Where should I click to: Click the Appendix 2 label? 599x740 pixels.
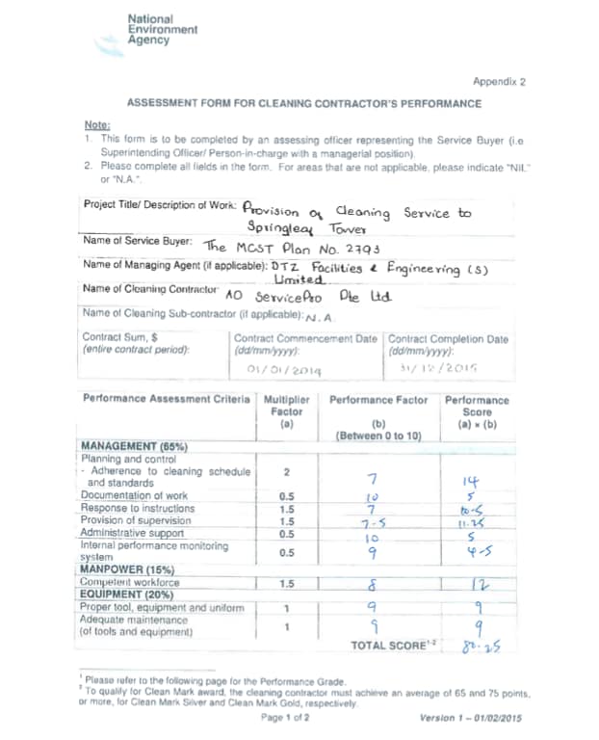click(x=499, y=82)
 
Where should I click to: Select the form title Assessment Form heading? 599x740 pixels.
click(x=303, y=104)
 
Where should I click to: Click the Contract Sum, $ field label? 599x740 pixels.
click(x=120, y=338)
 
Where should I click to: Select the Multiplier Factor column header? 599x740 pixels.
click(x=287, y=405)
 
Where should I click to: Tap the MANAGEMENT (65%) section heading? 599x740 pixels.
click(x=134, y=447)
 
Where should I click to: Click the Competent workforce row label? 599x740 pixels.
click(x=129, y=583)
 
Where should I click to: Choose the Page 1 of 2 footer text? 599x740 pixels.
click(x=284, y=717)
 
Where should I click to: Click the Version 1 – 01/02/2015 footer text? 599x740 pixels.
click(x=472, y=717)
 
